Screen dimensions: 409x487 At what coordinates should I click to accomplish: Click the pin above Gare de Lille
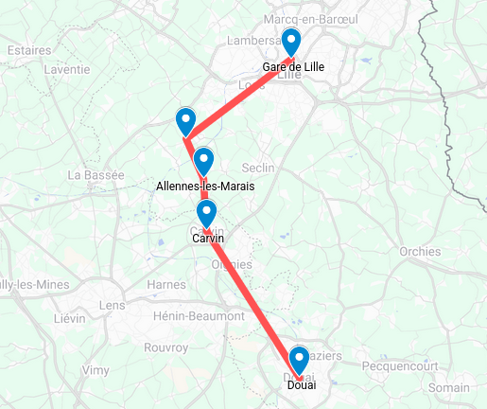291,43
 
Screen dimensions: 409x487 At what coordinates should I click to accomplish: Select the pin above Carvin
206,212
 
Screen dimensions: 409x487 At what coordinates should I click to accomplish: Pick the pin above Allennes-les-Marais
203,161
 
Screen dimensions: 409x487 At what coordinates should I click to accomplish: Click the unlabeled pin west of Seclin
185,121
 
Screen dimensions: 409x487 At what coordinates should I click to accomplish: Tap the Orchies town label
420,252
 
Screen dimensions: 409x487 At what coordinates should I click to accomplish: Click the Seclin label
258,168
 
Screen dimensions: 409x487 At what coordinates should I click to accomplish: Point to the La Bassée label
96,175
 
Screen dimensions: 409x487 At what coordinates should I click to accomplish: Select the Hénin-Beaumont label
198,315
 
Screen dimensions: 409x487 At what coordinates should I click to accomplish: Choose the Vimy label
96,370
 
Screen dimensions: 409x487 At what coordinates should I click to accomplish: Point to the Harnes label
166,284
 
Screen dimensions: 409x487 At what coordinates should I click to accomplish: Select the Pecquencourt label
400,363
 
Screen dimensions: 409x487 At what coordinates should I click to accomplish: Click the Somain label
449,387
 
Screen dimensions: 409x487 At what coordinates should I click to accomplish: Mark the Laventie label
66,69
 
